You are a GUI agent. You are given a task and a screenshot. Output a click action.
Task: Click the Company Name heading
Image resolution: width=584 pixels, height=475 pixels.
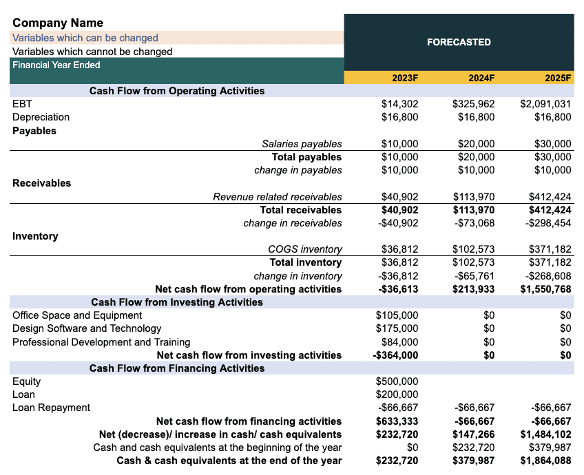pyautogui.click(x=58, y=23)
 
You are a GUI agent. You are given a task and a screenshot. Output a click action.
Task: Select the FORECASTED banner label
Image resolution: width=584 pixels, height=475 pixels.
pyautogui.click(x=459, y=42)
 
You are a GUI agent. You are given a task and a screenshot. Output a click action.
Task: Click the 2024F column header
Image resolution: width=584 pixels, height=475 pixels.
pyautogui.click(x=481, y=78)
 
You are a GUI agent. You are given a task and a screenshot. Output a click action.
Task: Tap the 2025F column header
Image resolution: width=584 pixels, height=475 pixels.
pyautogui.click(x=558, y=78)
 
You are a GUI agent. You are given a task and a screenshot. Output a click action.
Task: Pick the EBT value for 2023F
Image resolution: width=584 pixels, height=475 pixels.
pyautogui.click(x=399, y=104)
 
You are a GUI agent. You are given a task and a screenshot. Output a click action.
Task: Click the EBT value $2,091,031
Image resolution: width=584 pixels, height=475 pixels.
pyautogui.click(x=545, y=104)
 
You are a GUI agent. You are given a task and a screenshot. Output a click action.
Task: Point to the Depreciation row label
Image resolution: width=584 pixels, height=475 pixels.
pyautogui.click(x=41, y=117)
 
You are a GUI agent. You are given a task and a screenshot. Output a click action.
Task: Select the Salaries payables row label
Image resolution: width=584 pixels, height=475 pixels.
pyautogui.click(x=302, y=144)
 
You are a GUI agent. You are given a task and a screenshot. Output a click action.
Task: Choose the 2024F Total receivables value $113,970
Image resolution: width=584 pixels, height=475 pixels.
pyautogui.click(x=473, y=210)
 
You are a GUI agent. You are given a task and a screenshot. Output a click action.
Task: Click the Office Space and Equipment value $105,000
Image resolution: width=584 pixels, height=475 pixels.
pyautogui.click(x=397, y=315)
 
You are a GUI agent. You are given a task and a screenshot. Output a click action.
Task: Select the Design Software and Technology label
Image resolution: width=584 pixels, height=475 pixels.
pyautogui.click(x=87, y=328)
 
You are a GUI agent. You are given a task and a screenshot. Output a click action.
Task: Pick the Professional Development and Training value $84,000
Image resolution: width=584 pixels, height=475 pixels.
pyautogui.click(x=399, y=342)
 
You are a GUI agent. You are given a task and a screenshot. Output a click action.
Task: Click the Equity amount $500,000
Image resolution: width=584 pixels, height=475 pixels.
pyautogui.click(x=397, y=381)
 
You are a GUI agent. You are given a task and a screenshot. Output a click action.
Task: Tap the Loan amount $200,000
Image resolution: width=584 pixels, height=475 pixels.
pyautogui.click(x=397, y=394)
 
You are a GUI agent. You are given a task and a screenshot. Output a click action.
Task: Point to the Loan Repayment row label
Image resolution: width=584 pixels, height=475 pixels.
pyautogui.click(x=51, y=408)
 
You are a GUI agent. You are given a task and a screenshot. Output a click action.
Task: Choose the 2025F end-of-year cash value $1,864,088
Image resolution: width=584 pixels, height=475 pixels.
pyautogui.click(x=545, y=461)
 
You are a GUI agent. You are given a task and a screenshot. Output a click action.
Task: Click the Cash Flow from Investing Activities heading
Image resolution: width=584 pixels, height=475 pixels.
pyautogui.click(x=177, y=302)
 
